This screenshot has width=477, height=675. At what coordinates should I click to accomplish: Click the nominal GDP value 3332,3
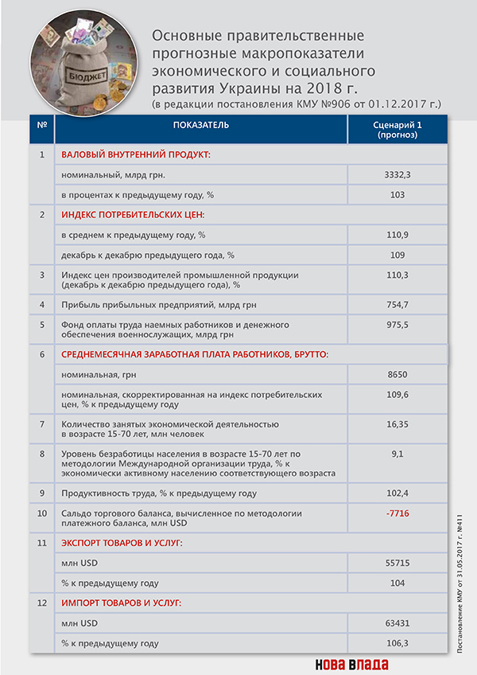click(x=397, y=174)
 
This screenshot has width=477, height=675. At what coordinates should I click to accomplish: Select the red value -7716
click(x=397, y=514)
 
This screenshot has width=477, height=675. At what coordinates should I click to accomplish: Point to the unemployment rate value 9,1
click(x=397, y=454)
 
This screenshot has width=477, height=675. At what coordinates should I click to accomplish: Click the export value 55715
click(x=397, y=562)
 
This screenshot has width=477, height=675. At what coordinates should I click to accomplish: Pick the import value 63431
click(x=397, y=622)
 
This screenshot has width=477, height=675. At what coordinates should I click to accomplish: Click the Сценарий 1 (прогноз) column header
click(x=397, y=131)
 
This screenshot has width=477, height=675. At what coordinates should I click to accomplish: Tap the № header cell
click(x=41, y=126)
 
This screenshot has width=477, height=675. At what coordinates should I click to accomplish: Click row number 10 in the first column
click(x=42, y=514)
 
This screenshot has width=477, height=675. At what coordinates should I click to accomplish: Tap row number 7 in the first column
click(x=42, y=423)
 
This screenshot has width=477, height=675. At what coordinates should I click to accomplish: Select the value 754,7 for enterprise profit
click(x=397, y=304)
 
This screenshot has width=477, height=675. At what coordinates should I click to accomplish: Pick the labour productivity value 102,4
click(x=397, y=493)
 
